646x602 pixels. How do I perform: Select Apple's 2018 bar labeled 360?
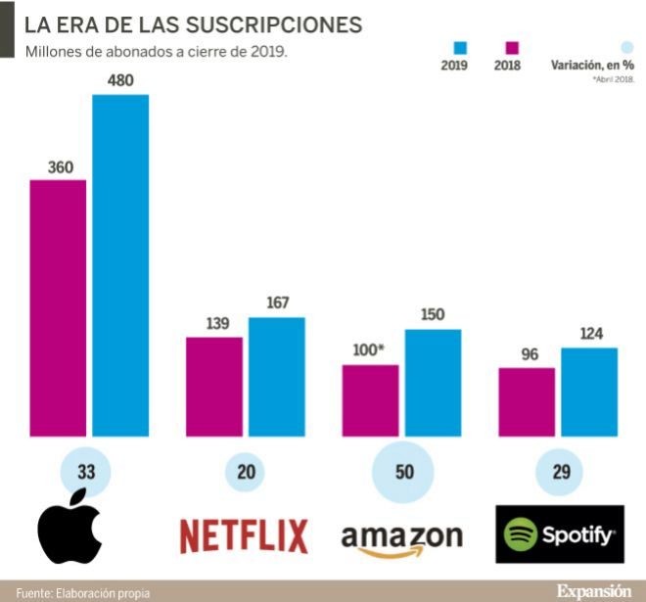(x=58, y=308)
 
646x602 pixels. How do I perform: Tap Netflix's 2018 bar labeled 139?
(x=214, y=387)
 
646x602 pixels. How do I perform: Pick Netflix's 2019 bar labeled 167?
(x=276, y=377)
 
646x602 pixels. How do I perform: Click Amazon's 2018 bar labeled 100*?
(x=370, y=400)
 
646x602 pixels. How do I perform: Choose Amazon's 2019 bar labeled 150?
(x=433, y=383)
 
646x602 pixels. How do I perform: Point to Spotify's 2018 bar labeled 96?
(x=527, y=402)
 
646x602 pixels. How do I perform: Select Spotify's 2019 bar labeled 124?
(x=588, y=392)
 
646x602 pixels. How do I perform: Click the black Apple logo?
(x=69, y=533)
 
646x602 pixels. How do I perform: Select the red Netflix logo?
(x=244, y=535)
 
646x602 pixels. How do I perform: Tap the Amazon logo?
(x=401, y=538)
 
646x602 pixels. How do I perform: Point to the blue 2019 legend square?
(x=460, y=47)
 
